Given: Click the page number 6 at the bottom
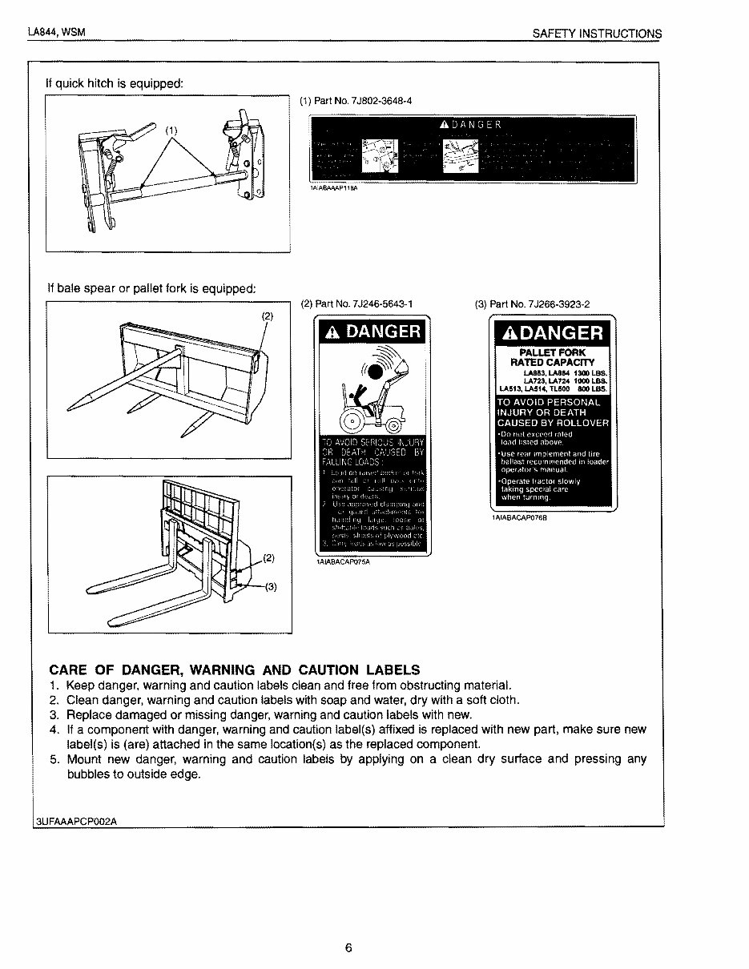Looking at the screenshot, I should pyautogui.click(x=348, y=948).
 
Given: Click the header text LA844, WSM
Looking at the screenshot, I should pyautogui.click(x=56, y=33).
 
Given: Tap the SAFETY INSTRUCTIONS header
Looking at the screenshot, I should pyautogui.click(x=597, y=34).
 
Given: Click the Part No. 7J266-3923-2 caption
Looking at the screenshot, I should pyautogui.click(x=532, y=304).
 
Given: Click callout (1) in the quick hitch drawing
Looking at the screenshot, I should pyautogui.click(x=171, y=130).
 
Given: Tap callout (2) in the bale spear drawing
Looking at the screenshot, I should pyautogui.click(x=268, y=316).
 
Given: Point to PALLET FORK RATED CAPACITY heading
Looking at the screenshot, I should pyautogui.click(x=553, y=357).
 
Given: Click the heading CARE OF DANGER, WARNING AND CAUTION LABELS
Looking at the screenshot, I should pyautogui.click(x=234, y=669).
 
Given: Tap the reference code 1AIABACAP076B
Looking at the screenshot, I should pyautogui.click(x=519, y=517).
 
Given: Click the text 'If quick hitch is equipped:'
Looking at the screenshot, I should pyautogui.click(x=114, y=82).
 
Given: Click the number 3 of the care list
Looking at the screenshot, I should pyautogui.click(x=54, y=714).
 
